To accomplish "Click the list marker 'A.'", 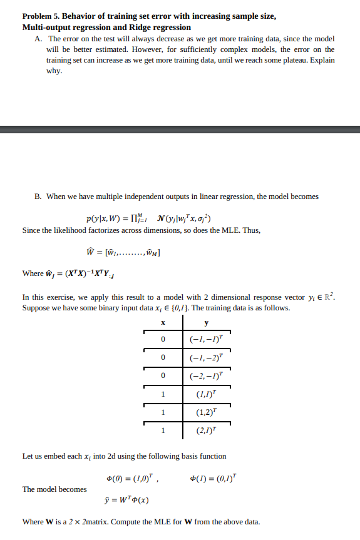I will [x=39, y=39].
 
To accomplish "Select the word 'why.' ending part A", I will [x=54, y=71].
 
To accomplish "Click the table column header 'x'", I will [x=162, y=323].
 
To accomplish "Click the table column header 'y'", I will [x=207, y=323].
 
